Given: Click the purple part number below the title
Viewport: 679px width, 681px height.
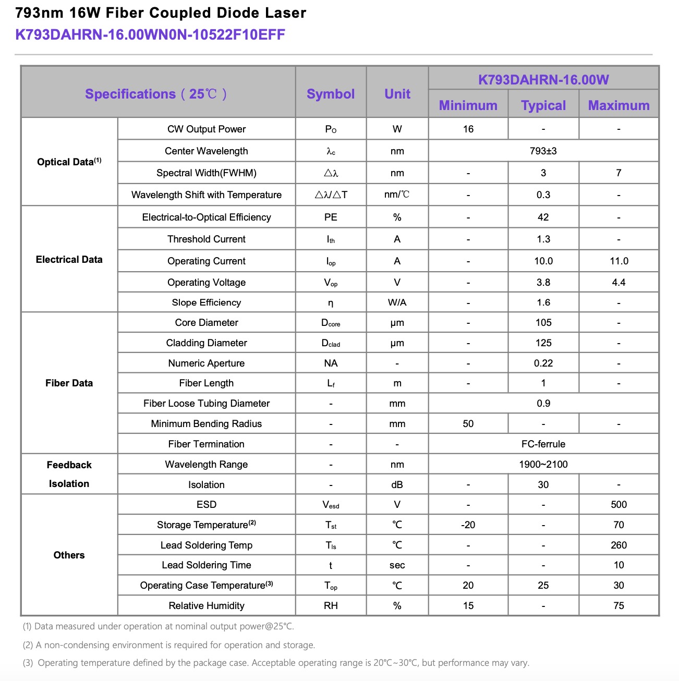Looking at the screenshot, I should (x=150, y=35).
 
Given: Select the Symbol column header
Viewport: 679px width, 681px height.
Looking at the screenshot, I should (x=331, y=94).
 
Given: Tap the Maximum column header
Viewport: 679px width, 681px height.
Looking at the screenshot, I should (x=619, y=105).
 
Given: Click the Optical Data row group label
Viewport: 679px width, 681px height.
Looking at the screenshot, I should (x=69, y=162).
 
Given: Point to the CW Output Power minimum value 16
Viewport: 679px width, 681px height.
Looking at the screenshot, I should (x=468, y=129).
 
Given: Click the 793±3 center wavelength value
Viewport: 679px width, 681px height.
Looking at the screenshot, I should (x=543, y=151).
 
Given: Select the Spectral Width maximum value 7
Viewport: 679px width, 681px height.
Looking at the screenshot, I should (x=619, y=173).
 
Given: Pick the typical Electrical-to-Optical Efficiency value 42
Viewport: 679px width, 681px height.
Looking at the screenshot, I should (x=543, y=217).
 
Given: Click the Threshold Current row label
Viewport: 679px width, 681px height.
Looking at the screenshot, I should (x=207, y=239).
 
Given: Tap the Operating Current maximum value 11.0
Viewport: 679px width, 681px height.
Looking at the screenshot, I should (x=619, y=261).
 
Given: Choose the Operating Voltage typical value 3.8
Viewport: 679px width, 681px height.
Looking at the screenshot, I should (x=543, y=282).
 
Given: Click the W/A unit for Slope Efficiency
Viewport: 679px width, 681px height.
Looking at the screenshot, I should (x=397, y=302).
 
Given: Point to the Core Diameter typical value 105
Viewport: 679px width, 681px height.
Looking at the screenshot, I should (x=543, y=323).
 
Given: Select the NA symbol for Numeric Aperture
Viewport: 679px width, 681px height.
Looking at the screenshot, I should (x=331, y=363).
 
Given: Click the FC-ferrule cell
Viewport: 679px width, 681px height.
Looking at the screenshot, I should (x=543, y=444).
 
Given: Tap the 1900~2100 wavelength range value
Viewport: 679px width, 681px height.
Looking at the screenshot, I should (x=543, y=464).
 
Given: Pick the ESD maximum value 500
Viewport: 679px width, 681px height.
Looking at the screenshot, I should (x=619, y=504).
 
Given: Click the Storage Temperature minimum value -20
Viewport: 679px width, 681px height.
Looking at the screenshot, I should (x=468, y=525).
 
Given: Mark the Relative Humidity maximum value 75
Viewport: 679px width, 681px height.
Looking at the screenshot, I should (x=619, y=605).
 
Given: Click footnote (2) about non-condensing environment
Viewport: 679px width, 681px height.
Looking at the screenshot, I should (x=169, y=645).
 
